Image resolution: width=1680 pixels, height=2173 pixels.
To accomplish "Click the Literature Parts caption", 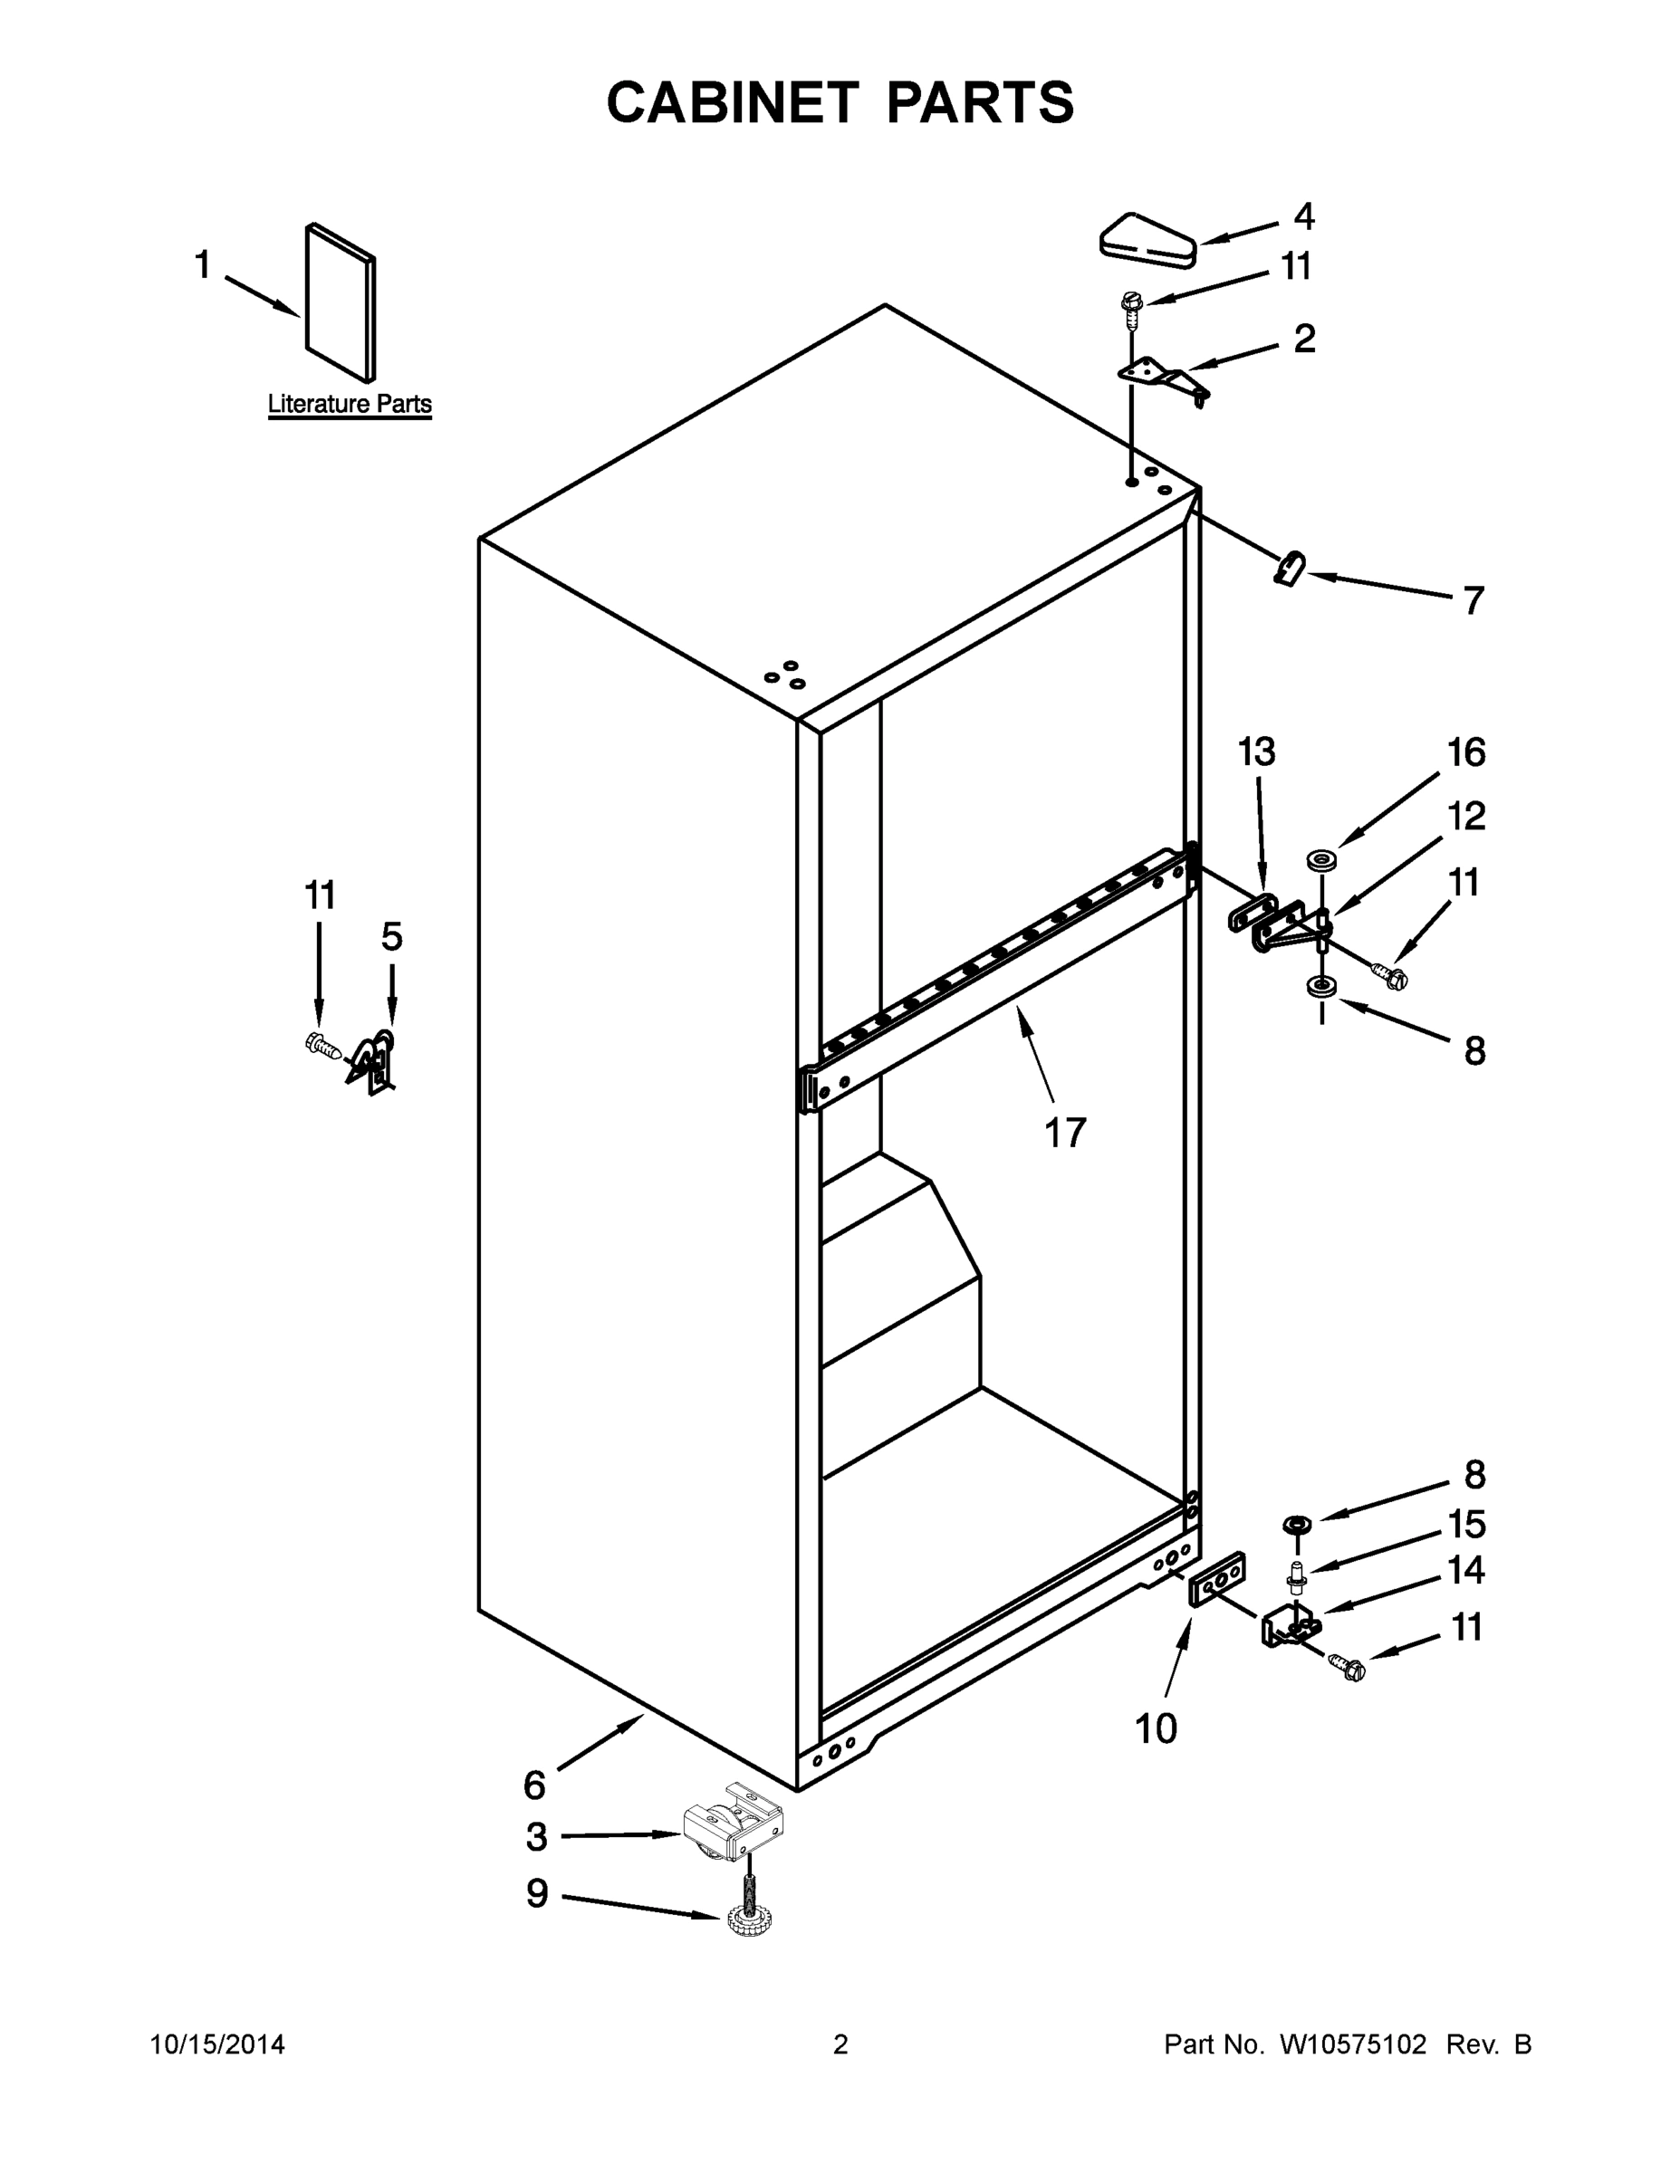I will [350, 404].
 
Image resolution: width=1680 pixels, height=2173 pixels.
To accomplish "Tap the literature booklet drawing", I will [341, 302].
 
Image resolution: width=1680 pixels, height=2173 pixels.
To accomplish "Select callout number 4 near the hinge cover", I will [1304, 217].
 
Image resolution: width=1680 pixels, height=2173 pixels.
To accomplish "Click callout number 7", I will [1473, 601].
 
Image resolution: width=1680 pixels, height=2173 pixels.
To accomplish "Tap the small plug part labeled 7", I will [1290, 570].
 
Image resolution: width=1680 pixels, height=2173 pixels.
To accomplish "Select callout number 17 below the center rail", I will [1065, 1134].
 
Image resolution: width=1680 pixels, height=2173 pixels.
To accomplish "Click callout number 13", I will [1256, 753].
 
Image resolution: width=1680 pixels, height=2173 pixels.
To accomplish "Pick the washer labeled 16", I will [1321, 858].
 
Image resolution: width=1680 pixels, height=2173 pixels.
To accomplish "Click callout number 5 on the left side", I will [392, 936].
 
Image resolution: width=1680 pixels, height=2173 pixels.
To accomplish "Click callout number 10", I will [1156, 1729].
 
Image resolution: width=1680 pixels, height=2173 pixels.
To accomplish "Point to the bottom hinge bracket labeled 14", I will [1291, 1628].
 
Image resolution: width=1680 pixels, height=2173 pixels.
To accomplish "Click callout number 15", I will [1466, 1525].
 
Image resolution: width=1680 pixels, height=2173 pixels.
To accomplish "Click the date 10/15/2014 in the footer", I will [217, 2044].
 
